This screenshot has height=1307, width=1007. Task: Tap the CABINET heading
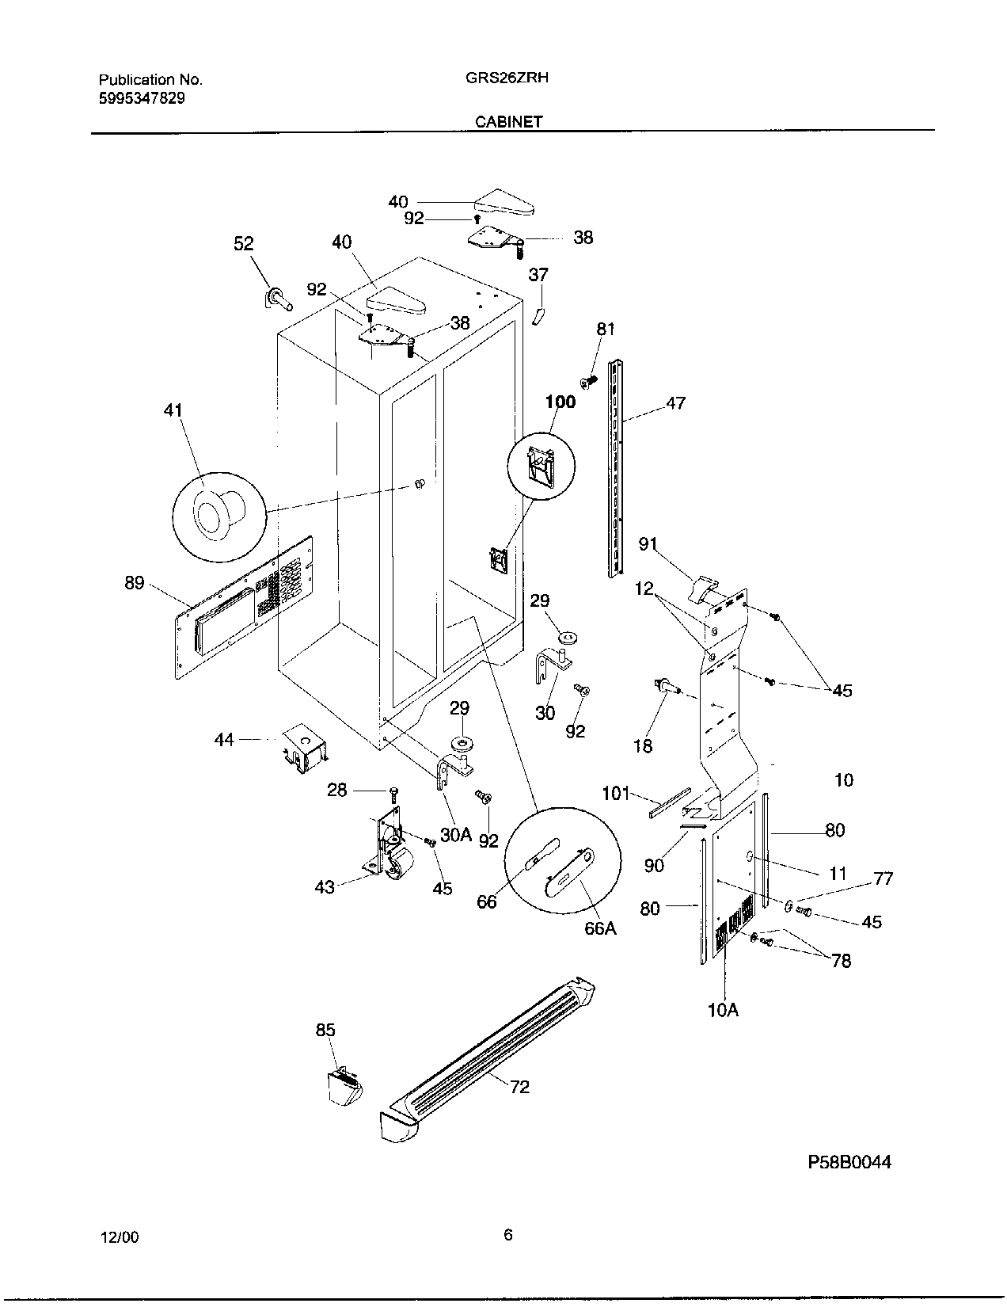click(509, 122)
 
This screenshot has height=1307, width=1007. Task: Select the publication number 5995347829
click(142, 98)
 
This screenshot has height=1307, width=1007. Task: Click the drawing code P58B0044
click(849, 1162)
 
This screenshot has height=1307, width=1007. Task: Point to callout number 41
click(173, 410)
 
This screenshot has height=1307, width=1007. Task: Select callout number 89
click(135, 583)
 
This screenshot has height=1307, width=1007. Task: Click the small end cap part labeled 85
click(345, 1085)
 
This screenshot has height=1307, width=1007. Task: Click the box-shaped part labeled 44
click(305, 746)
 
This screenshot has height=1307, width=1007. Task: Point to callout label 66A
click(600, 928)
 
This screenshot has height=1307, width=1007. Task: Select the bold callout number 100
click(560, 402)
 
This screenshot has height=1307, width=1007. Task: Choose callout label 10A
click(723, 1010)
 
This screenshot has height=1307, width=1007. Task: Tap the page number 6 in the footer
click(507, 1234)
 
